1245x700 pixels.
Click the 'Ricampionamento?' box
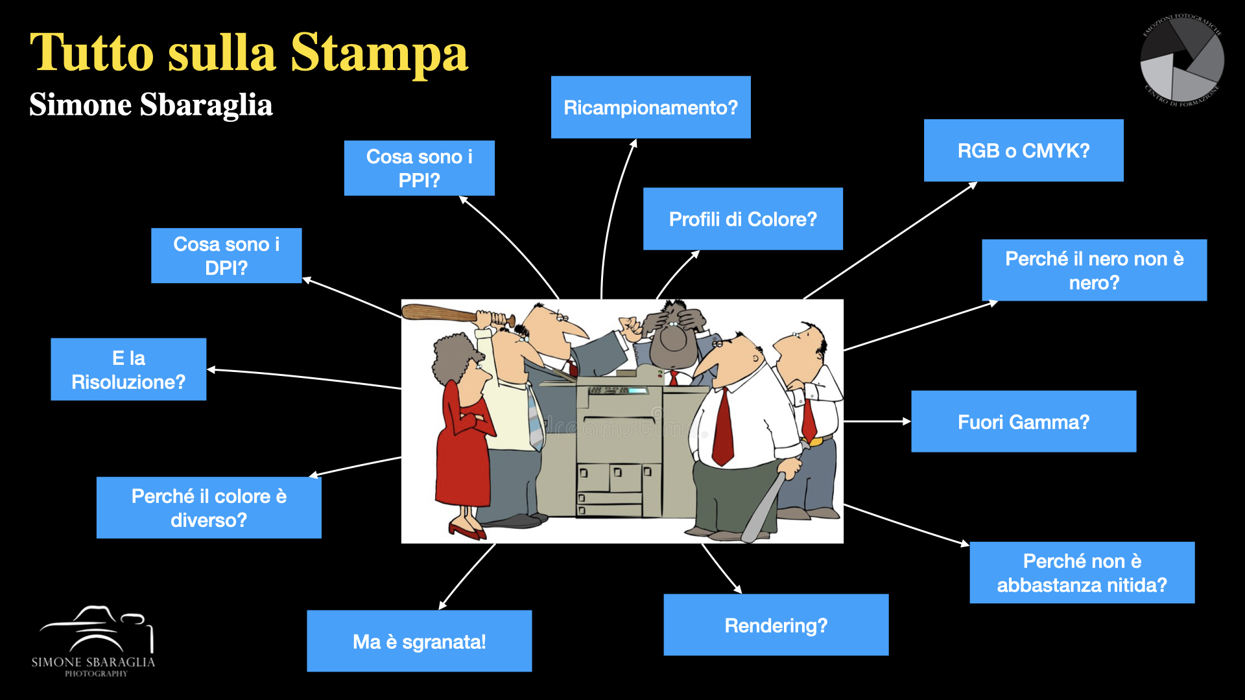click(x=650, y=107)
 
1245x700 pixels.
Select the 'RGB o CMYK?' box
click(x=1023, y=150)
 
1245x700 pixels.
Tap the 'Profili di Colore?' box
click(x=742, y=219)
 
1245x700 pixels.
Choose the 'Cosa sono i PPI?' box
click(x=419, y=168)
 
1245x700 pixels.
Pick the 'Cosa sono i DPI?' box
click(x=226, y=255)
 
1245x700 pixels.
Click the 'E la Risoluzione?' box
click(x=128, y=369)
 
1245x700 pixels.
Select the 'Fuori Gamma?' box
click(x=1023, y=421)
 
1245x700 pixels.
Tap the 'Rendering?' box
click(x=776, y=625)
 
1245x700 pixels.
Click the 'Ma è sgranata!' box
click(x=419, y=641)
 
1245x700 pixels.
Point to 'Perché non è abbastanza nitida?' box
click(x=1082, y=573)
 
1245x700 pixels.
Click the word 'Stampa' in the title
click(x=379, y=53)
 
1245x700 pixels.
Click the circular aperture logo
click(x=1181, y=60)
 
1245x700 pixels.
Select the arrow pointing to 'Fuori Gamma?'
click(x=877, y=421)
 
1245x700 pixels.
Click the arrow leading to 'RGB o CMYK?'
click(x=890, y=240)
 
